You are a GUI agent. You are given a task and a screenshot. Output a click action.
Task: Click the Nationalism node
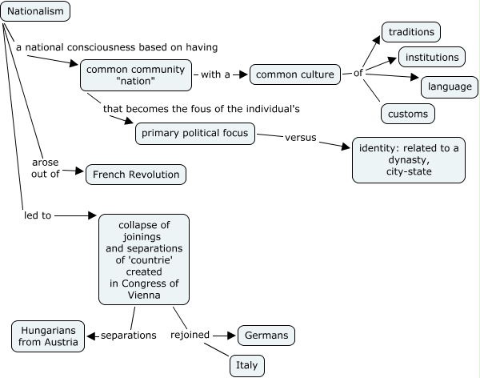click(x=35, y=11)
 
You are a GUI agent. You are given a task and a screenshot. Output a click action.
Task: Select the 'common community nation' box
click(x=136, y=75)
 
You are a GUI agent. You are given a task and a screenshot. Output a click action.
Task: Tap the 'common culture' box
click(x=296, y=75)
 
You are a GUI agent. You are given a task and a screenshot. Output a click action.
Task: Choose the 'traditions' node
click(x=411, y=32)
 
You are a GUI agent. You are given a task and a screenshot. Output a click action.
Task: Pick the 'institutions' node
click(x=432, y=58)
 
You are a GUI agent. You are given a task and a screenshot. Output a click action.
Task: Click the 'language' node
click(x=449, y=86)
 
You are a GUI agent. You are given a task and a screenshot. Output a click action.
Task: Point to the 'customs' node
click(x=408, y=114)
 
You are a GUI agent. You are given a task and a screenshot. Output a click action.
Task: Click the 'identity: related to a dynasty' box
click(x=408, y=159)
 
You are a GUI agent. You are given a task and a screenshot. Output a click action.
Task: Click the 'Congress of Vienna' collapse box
click(x=144, y=259)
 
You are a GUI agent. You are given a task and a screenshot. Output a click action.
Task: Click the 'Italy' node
click(x=246, y=365)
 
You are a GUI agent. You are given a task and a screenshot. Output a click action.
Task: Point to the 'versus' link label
click(x=301, y=137)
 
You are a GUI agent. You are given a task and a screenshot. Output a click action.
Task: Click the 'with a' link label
click(x=215, y=74)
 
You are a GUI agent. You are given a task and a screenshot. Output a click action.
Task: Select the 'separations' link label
click(x=129, y=335)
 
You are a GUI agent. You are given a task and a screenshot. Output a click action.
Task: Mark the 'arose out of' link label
click(x=46, y=167)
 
